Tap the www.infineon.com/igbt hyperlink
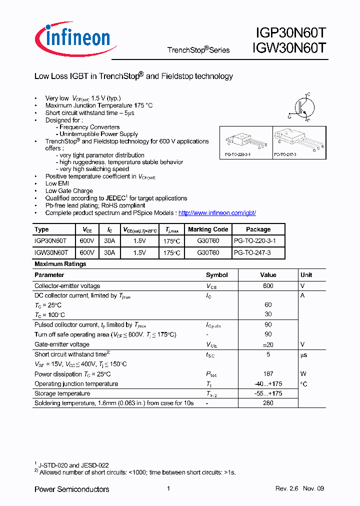tap(217, 212)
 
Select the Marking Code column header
tap(208, 229)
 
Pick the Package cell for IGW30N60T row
tap(252, 253)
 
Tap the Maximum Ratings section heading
tap(60, 264)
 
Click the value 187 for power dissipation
tap(268, 374)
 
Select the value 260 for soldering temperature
tap(268, 403)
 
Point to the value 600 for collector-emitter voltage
tap(268, 286)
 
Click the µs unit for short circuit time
tap(303, 355)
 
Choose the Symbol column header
tap(216, 275)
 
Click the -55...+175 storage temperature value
tap(268, 393)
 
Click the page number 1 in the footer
tap(168, 488)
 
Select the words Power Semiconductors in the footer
tap(71, 489)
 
